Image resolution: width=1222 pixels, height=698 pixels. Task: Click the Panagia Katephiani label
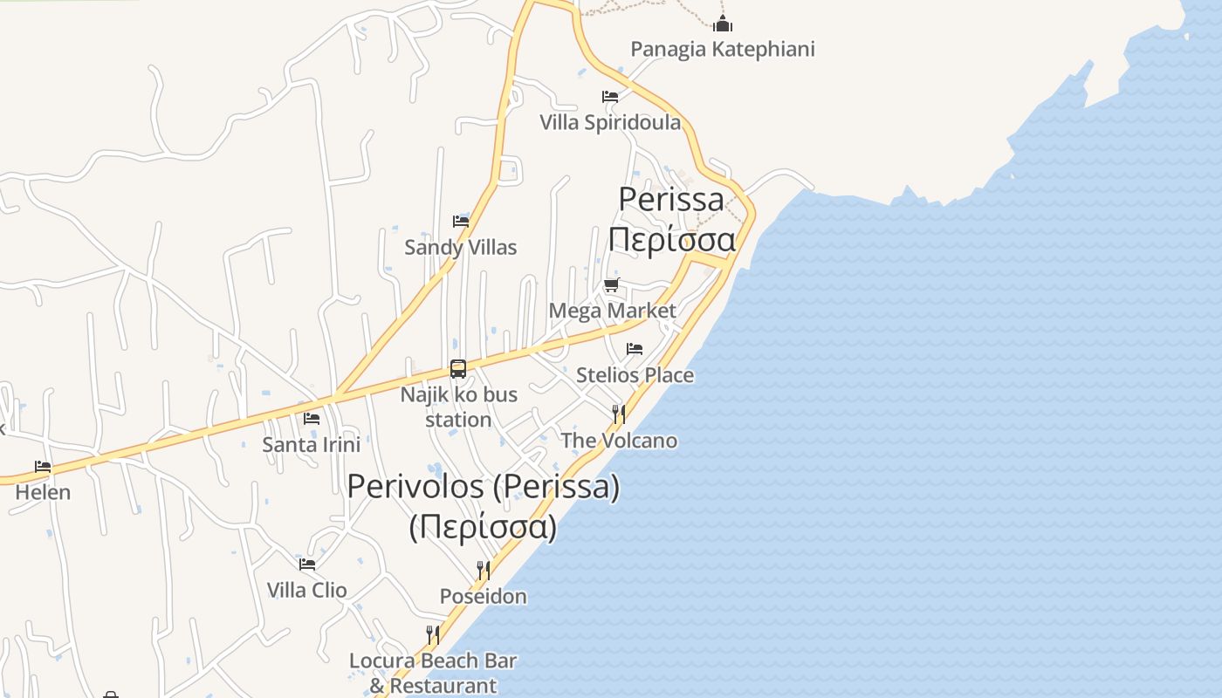tap(722, 49)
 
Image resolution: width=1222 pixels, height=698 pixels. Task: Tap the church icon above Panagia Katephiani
tap(722, 24)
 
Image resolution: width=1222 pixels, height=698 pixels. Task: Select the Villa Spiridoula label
tap(609, 122)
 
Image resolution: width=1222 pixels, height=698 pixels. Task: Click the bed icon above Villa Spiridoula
tap(609, 97)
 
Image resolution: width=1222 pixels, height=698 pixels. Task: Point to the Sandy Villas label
tap(460, 247)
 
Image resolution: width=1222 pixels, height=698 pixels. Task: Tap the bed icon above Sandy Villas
tap(460, 222)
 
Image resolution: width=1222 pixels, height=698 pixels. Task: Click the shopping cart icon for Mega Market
tap(612, 285)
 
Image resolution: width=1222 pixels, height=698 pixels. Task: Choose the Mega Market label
tap(612, 311)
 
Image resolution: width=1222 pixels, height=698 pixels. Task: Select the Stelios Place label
tap(635, 375)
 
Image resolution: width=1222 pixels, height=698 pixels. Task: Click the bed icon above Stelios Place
tap(635, 350)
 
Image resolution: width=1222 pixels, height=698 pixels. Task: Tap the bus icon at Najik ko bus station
tap(458, 369)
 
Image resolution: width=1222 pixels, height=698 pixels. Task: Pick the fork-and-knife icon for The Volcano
tap(619, 414)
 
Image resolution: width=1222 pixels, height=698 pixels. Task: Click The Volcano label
tap(619, 441)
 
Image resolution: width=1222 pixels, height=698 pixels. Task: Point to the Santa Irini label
tap(311, 444)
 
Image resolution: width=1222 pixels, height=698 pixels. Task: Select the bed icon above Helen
tap(43, 467)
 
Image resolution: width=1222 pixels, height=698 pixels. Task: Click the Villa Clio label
tap(306, 590)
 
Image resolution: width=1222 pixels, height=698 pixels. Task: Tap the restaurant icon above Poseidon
tap(483, 571)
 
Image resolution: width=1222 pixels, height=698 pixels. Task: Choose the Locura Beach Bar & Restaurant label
tap(433, 673)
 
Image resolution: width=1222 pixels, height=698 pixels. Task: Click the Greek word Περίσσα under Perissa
tap(672, 240)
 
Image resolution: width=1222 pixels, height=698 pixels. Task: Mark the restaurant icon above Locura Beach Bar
tap(433, 634)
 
